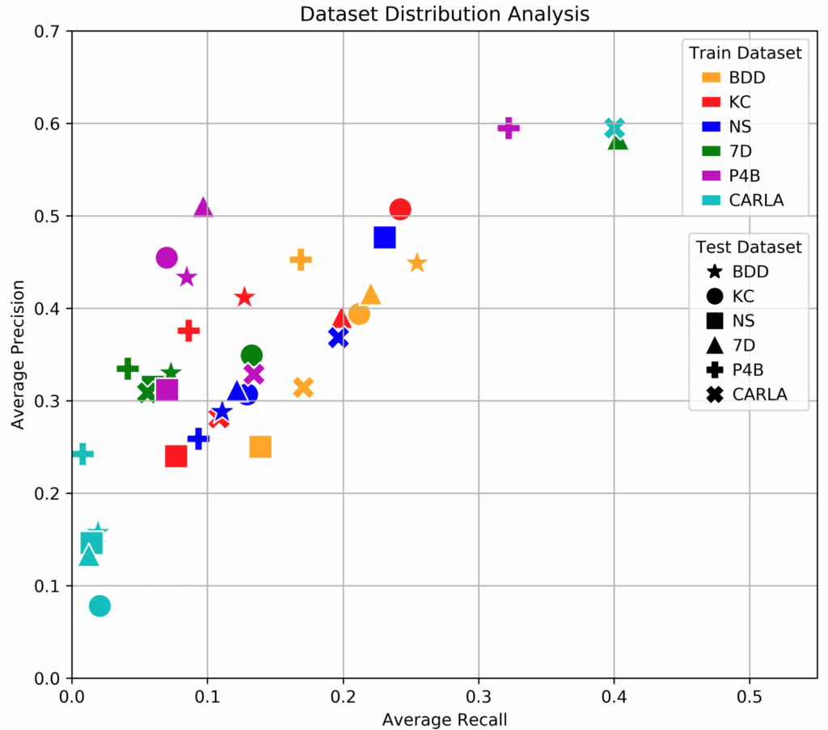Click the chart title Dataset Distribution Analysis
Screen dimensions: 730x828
pos(444,14)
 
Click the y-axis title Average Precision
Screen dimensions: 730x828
pos(17,354)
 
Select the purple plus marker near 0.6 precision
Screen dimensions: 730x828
pos(509,128)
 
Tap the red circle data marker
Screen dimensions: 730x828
pos(400,209)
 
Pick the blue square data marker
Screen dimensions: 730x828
pos(384,237)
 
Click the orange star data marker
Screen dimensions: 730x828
pos(416,263)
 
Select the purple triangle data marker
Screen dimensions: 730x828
pos(203,208)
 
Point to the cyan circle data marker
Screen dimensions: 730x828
pos(99,606)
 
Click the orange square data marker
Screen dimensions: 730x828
pos(260,446)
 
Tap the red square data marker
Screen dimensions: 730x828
pos(175,457)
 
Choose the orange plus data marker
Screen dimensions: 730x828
pos(301,260)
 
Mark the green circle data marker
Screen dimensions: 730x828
pos(251,355)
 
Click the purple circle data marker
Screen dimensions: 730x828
pos(167,258)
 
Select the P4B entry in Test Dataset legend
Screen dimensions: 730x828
pos(747,369)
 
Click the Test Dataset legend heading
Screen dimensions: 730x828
pos(748,247)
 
